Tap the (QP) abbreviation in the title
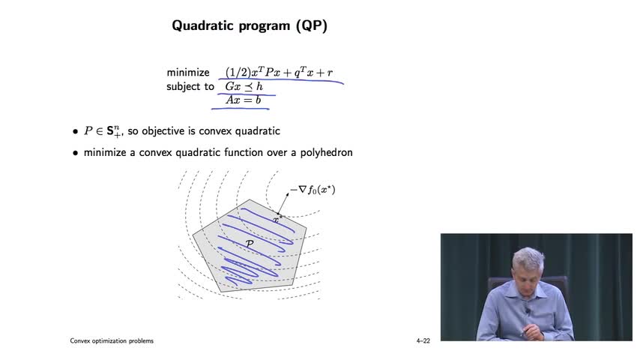click(312, 25)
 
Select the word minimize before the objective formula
click(188, 73)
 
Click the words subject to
click(190, 87)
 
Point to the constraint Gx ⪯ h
click(244, 87)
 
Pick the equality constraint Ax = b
click(244, 100)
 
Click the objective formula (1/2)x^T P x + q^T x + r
click(280, 72)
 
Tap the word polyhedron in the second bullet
click(327, 153)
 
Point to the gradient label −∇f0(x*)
click(313, 190)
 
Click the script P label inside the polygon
click(250, 244)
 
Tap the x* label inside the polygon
click(277, 220)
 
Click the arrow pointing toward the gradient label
click(283, 203)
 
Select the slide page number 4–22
click(423, 340)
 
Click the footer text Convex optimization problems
click(112, 340)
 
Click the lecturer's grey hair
click(529, 258)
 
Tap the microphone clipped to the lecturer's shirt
click(527, 311)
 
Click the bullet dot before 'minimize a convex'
click(75, 153)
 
